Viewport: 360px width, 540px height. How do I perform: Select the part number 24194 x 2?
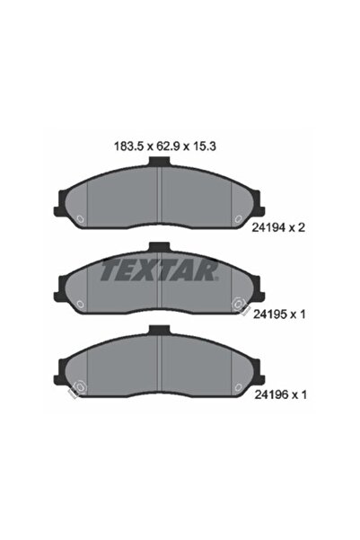tap(283, 227)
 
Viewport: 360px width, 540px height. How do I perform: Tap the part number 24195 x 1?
tap(283, 315)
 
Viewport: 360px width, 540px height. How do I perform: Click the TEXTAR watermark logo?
tap(158, 268)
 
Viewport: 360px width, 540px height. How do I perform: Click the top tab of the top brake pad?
tap(158, 164)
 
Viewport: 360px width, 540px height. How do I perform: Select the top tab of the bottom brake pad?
tap(158, 331)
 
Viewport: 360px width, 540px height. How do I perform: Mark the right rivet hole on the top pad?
tap(237, 218)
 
